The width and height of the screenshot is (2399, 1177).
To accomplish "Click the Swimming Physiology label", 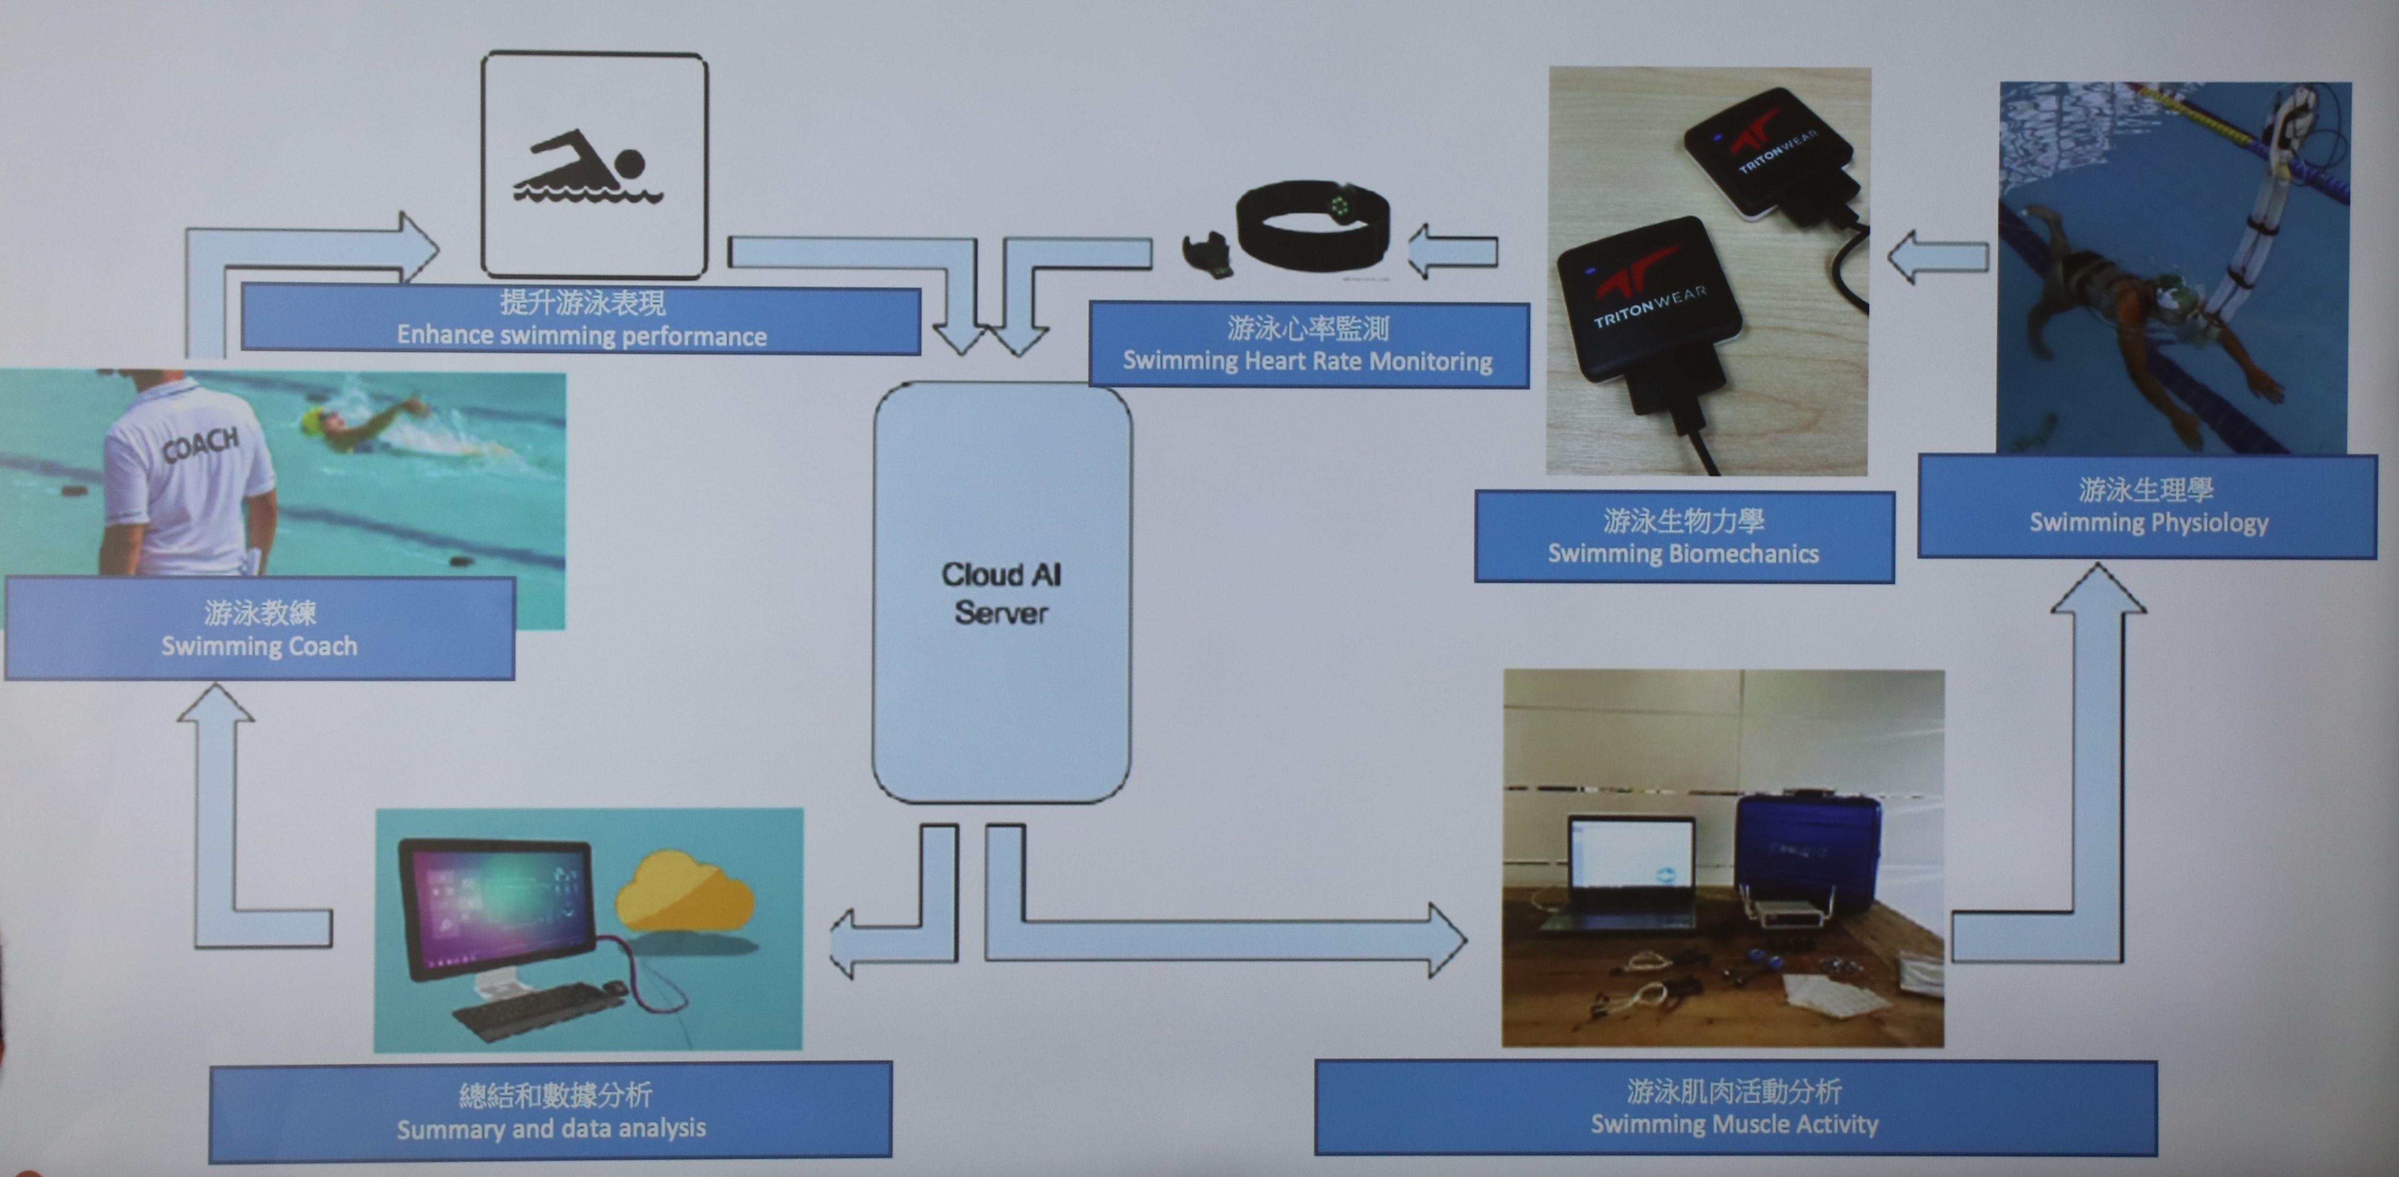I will click(x=2147, y=506).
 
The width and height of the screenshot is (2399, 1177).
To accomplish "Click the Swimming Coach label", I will click(x=259, y=629).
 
